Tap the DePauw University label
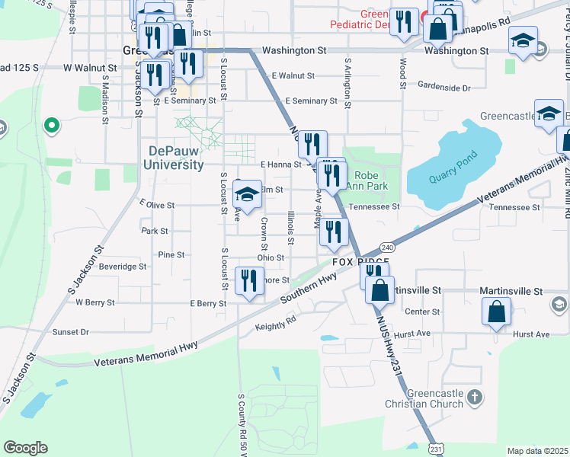point(175,158)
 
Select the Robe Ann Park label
point(367,180)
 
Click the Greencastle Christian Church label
point(424,398)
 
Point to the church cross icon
point(474,397)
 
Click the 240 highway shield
point(387,248)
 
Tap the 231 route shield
point(434,449)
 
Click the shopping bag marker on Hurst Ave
point(497,312)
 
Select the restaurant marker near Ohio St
point(333,232)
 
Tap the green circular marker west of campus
point(52,123)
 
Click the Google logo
point(25,448)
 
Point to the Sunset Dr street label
point(71,332)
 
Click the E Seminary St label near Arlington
point(311,101)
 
